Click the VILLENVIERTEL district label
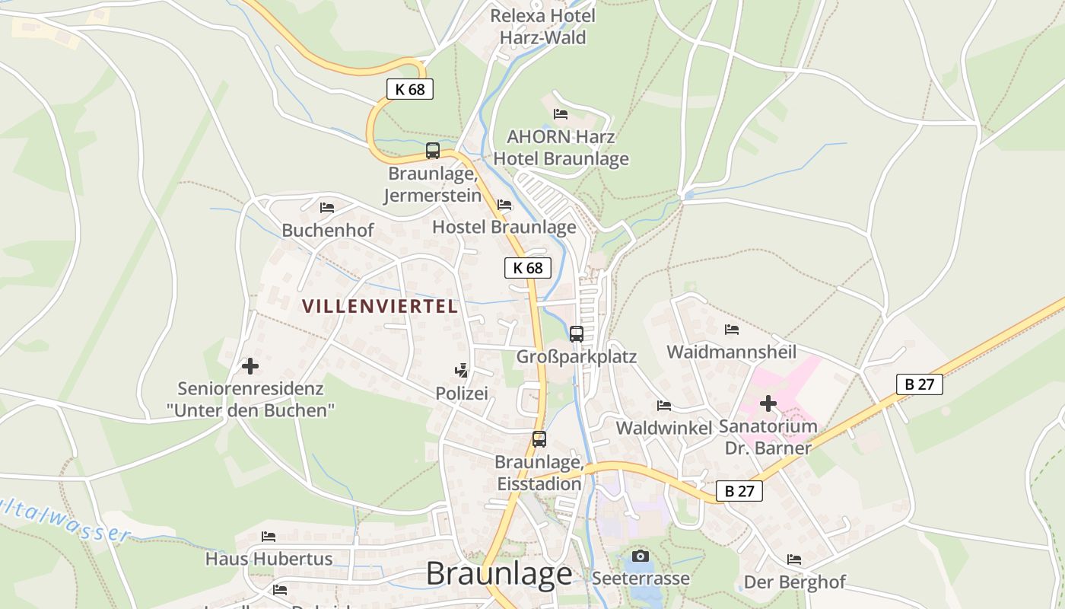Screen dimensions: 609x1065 coord(380,306)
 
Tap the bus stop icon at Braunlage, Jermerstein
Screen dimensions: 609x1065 coord(433,151)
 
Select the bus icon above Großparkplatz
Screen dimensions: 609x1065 coord(577,333)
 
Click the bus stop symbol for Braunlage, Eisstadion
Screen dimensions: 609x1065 coord(539,438)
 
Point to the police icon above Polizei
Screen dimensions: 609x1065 coord(461,371)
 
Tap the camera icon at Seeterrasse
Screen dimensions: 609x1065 coord(641,556)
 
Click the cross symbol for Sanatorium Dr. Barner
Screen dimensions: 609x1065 coord(768,403)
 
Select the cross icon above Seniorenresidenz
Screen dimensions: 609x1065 coord(250,366)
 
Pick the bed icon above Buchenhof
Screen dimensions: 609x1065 coord(327,207)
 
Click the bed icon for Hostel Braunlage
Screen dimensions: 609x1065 coord(504,205)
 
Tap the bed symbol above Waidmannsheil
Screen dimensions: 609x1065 coord(732,330)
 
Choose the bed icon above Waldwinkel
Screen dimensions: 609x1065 coord(664,406)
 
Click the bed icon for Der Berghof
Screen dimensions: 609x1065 coord(794,560)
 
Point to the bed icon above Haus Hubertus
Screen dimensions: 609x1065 coord(269,537)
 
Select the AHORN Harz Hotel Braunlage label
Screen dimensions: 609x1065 coord(561,148)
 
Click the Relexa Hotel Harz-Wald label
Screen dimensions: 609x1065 coord(542,27)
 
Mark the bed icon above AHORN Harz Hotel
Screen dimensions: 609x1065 coord(561,114)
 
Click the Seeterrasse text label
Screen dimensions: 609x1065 coord(641,578)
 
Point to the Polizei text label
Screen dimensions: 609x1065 coord(461,393)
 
